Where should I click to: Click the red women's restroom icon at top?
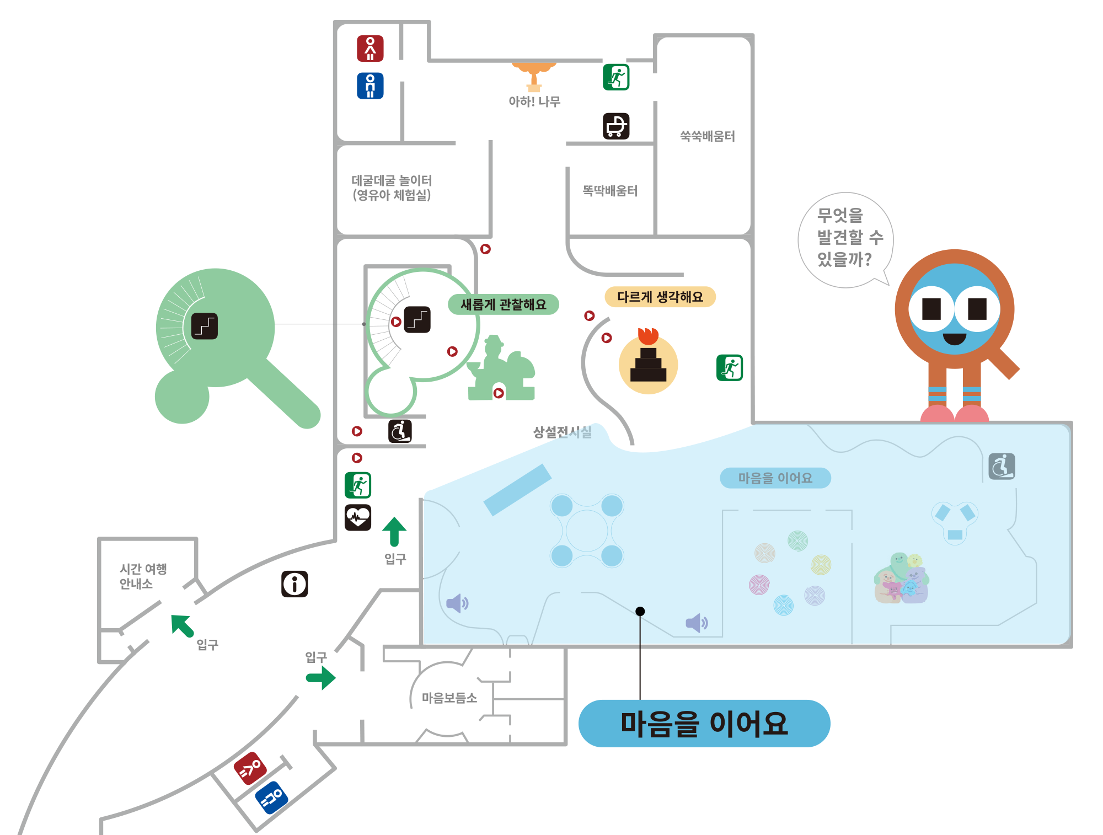pos(370,49)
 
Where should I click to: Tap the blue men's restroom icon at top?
pos(370,86)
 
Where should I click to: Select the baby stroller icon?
pos(616,126)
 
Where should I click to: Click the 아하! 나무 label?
pos(534,101)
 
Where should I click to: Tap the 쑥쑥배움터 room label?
pos(707,136)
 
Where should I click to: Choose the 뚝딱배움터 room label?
pos(610,191)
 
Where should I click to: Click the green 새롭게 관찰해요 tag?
pos(503,304)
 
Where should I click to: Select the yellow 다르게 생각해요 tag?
pos(660,297)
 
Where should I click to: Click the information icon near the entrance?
pos(295,584)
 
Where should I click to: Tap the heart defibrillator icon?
pos(358,517)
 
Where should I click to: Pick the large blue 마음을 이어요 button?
pos(704,724)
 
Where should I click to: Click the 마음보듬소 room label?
pos(449,698)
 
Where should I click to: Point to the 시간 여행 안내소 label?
pos(143,576)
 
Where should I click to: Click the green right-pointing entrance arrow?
pos(321,678)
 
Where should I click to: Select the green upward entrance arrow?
pos(394,531)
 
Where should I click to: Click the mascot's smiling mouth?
pos(955,339)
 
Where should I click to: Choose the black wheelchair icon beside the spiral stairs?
pos(400,431)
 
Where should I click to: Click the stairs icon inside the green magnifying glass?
pos(205,326)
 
